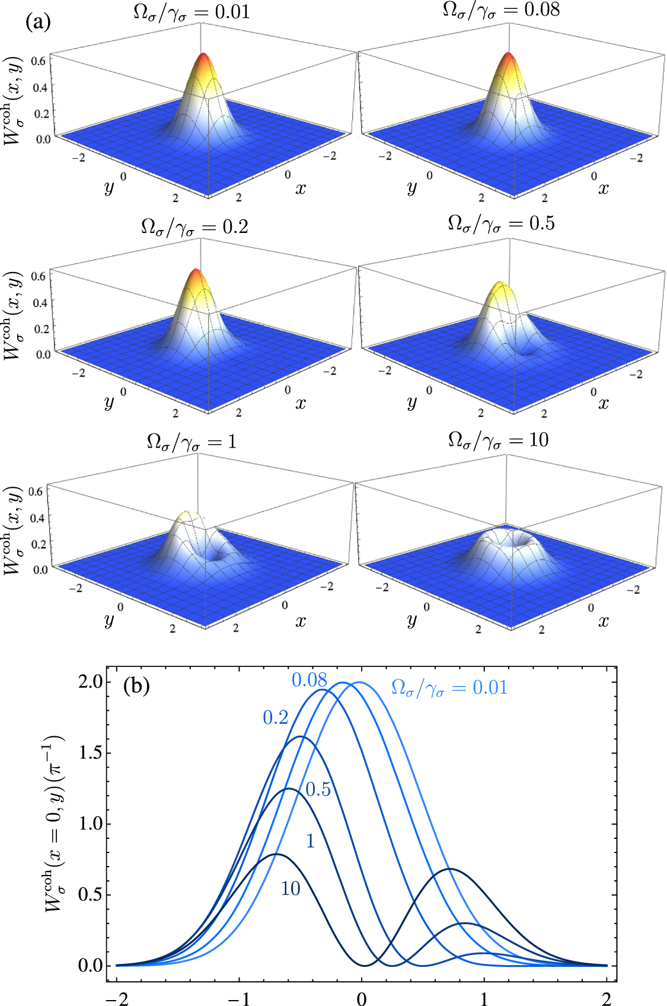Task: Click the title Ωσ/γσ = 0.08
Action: tap(501, 10)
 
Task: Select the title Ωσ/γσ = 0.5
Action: tap(501, 224)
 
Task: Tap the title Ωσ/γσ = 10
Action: tap(498, 440)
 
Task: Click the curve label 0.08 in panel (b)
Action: tap(309, 680)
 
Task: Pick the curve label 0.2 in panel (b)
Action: tap(276, 718)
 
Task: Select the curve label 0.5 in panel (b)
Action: tap(318, 790)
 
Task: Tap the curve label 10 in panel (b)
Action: tap(291, 889)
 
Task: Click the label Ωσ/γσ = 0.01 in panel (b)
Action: tap(449, 688)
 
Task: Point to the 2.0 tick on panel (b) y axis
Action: tap(90, 681)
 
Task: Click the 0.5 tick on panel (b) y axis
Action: tap(90, 894)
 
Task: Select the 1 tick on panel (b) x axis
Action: tap(484, 999)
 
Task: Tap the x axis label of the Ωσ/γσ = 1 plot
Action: tap(301, 621)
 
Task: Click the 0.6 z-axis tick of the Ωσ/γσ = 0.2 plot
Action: tap(39, 276)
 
